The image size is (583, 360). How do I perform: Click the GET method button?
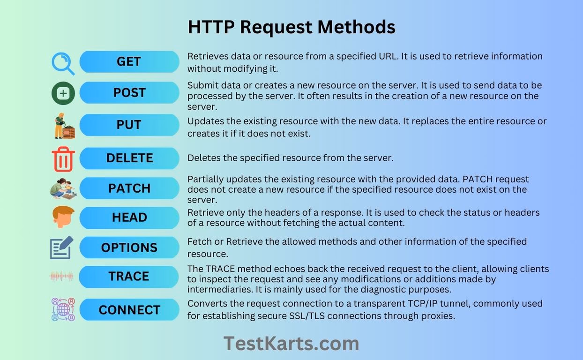(x=129, y=62)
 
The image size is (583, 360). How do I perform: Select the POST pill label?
(x=129, y=93)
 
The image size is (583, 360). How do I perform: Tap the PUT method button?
(x=129, y=125)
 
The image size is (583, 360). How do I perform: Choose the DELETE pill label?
(x=129, y=158)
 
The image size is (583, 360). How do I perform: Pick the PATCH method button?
(x=129, y=188)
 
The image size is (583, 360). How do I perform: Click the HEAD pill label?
(x=129, y=218)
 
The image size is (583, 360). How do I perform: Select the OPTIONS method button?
(x=129, y=247)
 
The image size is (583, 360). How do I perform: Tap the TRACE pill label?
(x=129, y=277)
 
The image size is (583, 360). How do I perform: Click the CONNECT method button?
(x=129, y=309)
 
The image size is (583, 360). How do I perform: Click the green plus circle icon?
(x=63, y=93)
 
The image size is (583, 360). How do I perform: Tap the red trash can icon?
(x=63, y=159)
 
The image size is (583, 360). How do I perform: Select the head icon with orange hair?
(x=63, y=217)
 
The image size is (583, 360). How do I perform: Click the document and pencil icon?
(x=61, y=247)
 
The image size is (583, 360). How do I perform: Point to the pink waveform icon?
(x=61, y=277)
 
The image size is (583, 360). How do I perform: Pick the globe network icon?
(x=63, y=309)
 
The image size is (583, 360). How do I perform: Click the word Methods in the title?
(x=356, y=27)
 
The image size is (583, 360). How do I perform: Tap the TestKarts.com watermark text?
(x=291, y=344)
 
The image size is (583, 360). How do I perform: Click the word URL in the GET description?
(x=387, y=56)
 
